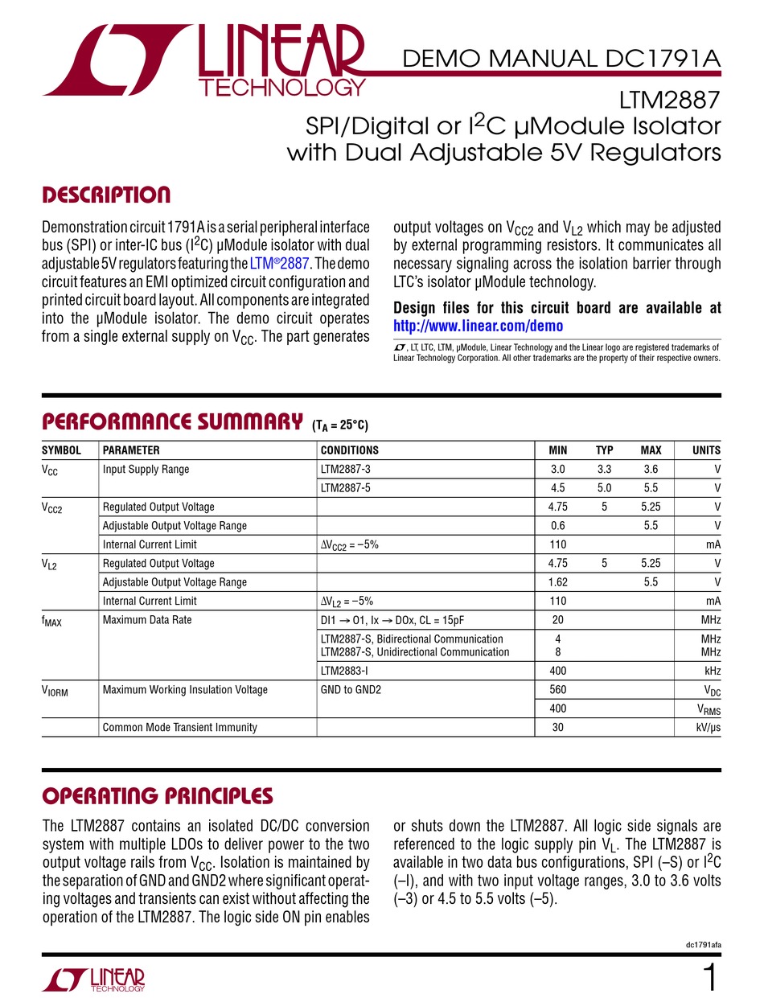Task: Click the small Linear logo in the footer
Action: [x=93, y=978]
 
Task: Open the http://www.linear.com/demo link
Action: [x=478, y=326]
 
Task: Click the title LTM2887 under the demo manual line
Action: [x=670, y=102]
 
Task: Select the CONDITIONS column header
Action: [x=349, y=450]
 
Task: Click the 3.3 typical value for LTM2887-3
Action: [x=604, y=470]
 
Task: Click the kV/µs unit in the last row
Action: [x=704, y=728]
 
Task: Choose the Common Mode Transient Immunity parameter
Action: [x=180, y=728]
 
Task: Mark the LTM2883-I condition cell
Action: [x=348, y=671]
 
